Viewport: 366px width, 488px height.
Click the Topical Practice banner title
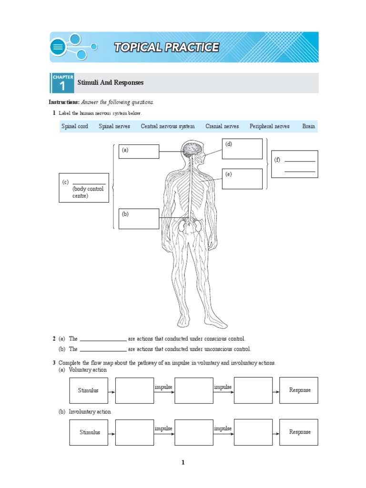[x=166, y=47]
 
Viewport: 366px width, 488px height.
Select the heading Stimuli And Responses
[x=110, y=83]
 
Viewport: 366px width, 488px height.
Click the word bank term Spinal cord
[x=74, y=126]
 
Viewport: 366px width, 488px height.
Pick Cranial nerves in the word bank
[x=222, y=126]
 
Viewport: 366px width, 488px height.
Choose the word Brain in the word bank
[x=308, y=126]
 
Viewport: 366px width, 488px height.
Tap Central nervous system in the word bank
[x=168, y=126]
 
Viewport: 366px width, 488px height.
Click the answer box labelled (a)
[x=139, y=152]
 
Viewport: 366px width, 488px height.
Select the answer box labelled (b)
[x=139, y=219]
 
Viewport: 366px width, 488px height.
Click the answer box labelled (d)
[x=242, y=149]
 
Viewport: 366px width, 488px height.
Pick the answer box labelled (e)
[x=242, y=179]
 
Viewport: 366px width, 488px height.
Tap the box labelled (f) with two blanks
[x=295, y=164]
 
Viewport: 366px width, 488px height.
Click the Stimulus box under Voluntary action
[x=89, y=390]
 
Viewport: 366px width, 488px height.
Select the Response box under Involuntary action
[x=299, y=432]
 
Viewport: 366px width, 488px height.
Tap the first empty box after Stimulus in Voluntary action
[x=134, y=390]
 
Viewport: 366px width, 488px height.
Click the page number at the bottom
[x=183, y=462]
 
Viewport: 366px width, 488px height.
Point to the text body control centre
[x=88, y=192]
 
